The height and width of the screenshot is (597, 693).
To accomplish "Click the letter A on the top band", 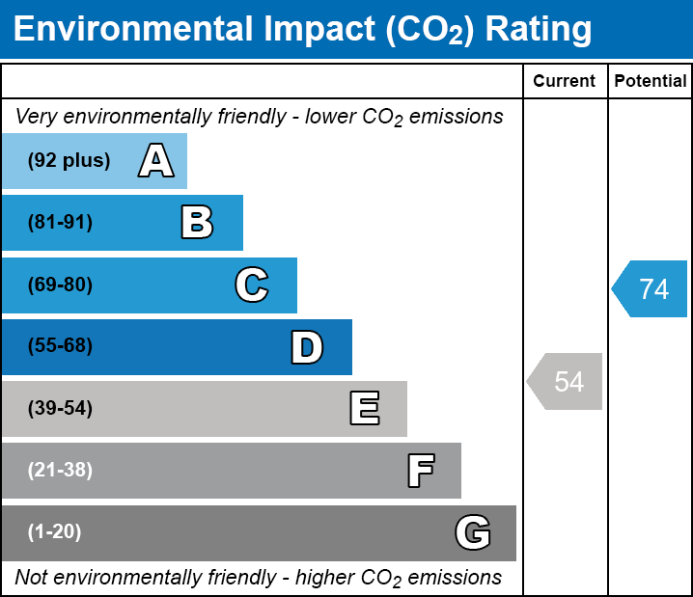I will tap(156, 161).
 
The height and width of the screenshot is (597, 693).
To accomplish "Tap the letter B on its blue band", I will tap(197, 223).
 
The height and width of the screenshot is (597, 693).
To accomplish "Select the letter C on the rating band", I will tap(251, 285).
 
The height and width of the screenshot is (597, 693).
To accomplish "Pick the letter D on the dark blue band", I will tap(307, 347).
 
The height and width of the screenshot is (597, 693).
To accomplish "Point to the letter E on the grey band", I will tap(364, 409).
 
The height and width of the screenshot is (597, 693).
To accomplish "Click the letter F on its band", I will tap(420, 471).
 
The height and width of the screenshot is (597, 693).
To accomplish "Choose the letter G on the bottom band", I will tap(473, 532).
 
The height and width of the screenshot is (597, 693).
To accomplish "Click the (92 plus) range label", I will tap(69, 161).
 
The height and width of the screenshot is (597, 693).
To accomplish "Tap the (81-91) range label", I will tap(60, 223).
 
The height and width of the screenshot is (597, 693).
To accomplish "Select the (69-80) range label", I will tap(60, 285).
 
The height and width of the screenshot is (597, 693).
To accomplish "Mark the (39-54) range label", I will tap(60, 409).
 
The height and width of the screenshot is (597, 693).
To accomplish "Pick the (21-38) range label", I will tap(60, 471).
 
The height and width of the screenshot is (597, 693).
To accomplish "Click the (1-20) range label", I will tap(55, 532).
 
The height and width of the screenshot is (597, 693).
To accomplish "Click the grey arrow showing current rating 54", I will tap(567, 382).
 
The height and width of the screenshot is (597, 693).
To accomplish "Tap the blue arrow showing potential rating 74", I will tap(651, 289).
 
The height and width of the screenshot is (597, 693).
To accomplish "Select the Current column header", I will tap(565, 82).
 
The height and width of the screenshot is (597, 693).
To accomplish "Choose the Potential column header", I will tap(651, 82).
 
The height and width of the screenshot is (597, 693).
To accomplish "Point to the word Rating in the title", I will tap(539, 30).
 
